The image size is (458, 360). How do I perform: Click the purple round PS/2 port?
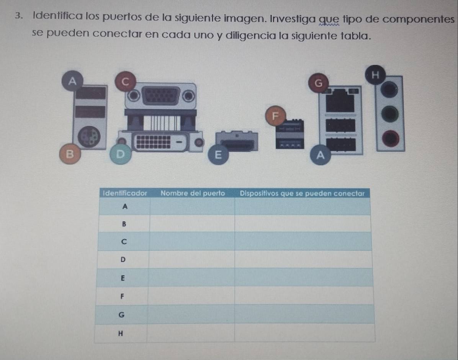(89, 137)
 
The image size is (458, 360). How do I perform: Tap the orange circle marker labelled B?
(70, 154)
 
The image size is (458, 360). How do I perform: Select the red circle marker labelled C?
(125, 81)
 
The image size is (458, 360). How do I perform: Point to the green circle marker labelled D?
(120, 154)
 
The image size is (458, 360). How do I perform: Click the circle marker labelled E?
(218, 155)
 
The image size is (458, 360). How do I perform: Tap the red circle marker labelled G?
(319, 83)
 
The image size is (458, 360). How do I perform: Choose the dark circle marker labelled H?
(375, 75)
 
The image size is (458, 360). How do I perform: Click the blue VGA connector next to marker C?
(161, 96)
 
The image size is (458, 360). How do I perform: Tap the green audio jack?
(390, 114)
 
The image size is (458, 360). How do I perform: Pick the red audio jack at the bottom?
(390, 138)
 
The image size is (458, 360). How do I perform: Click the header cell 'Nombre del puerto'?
(193, 193)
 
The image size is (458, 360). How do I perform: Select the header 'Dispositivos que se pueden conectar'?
(302, 194)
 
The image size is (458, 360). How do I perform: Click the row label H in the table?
(120, 333)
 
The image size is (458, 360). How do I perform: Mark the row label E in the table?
(123, 278)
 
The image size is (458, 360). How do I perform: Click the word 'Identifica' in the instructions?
(58, 16)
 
